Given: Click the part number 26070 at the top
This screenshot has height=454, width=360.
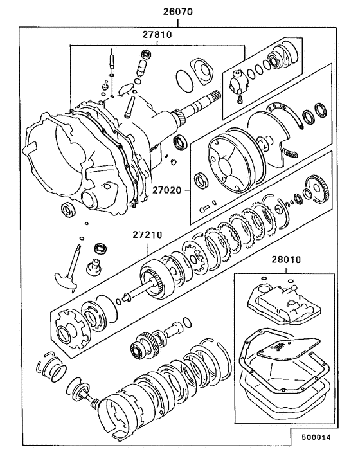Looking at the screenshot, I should pyautogui.click(x=177, y=12).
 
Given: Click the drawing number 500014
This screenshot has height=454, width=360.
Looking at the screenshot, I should pyautogui.click(x=316, y=437).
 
